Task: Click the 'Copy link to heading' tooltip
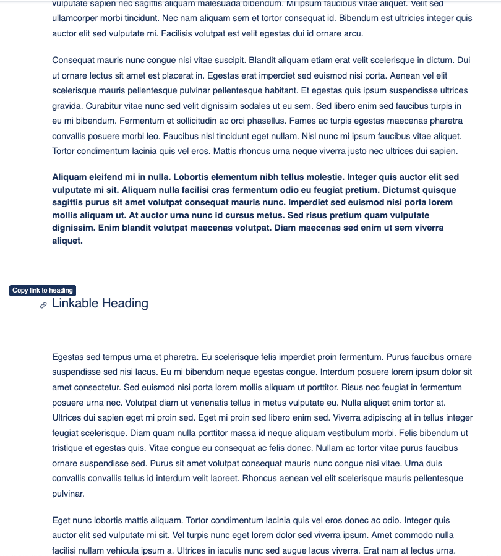(x=43, y=291)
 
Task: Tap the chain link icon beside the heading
(x=43, y=305)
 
